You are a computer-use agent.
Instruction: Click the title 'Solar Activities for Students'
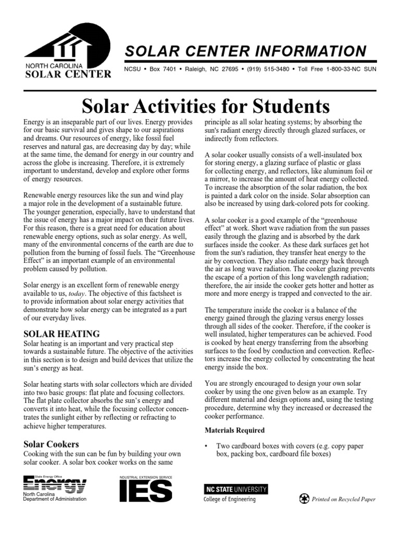206,106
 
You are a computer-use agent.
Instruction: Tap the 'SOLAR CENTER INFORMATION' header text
245,51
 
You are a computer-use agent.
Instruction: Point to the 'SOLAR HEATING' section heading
62,333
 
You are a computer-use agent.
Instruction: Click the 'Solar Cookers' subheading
52,444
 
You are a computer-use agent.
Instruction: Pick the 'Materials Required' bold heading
234,430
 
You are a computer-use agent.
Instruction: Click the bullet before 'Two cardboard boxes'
207,447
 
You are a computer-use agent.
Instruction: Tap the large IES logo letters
146,491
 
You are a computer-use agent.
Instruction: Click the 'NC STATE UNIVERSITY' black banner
236,489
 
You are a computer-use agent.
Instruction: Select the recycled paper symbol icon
304,499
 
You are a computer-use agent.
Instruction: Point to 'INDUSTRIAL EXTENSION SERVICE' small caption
146,476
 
